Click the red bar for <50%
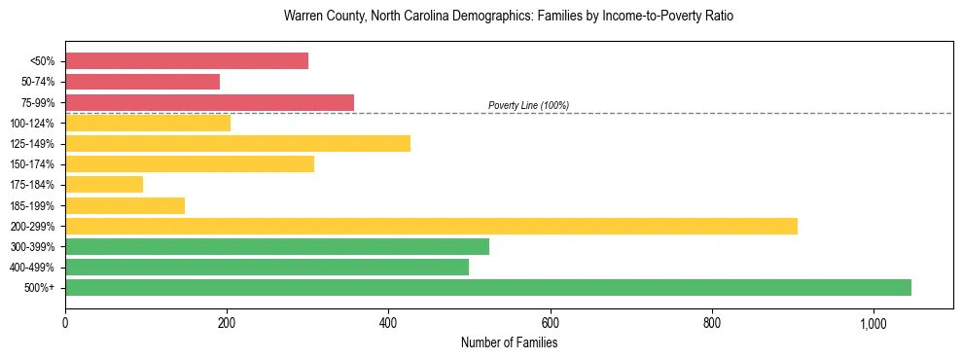[187, 61]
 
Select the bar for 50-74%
[142, 82]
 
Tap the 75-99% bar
[209, 102]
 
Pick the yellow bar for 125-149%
[237, 143]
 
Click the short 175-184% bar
[104, 184]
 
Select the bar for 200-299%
[431, 226]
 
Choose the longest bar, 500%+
[488, 287]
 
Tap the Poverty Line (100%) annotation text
[528, 105]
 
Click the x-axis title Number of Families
[509, 342]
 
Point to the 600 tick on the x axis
[551, 323]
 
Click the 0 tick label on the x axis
[65, 323]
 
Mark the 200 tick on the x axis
[227, 323]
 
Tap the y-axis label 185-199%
[32, 205]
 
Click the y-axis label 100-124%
[32, 123]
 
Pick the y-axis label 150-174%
[32, 164]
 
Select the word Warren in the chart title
[303, 17]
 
